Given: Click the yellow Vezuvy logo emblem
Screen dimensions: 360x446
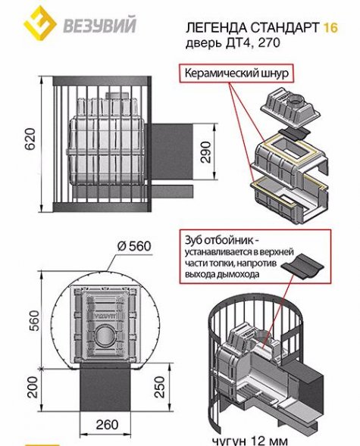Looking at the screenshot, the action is click(39, 23).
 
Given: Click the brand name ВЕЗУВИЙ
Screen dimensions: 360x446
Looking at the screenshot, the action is click(99, 26).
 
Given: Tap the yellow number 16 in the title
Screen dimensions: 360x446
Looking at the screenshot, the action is click(330, 27).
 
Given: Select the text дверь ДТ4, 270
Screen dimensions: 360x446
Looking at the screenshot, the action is click(233, 43).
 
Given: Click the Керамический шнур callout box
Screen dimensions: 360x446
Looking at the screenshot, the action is click(236, 73).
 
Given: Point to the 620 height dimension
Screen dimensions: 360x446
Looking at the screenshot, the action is click(31, 139).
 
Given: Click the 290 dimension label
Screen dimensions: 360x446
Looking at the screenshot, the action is click(206, 152).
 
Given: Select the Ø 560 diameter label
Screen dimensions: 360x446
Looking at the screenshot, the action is click(134, 246).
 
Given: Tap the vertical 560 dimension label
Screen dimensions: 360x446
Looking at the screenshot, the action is click(34, 321).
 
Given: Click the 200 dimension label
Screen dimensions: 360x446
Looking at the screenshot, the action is click(33, 387).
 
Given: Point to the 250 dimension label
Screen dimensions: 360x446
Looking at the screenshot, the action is click(160, 387).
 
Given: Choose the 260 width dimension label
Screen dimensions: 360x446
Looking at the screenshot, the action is click(107, 425).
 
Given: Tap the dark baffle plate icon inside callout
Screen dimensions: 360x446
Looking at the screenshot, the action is click(302, 267).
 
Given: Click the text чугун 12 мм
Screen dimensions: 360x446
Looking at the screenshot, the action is click(250, 441).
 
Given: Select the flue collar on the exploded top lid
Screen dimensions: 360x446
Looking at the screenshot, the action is click(297, 101).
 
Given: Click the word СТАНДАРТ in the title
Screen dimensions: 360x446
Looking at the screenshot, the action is click(285, 27).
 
